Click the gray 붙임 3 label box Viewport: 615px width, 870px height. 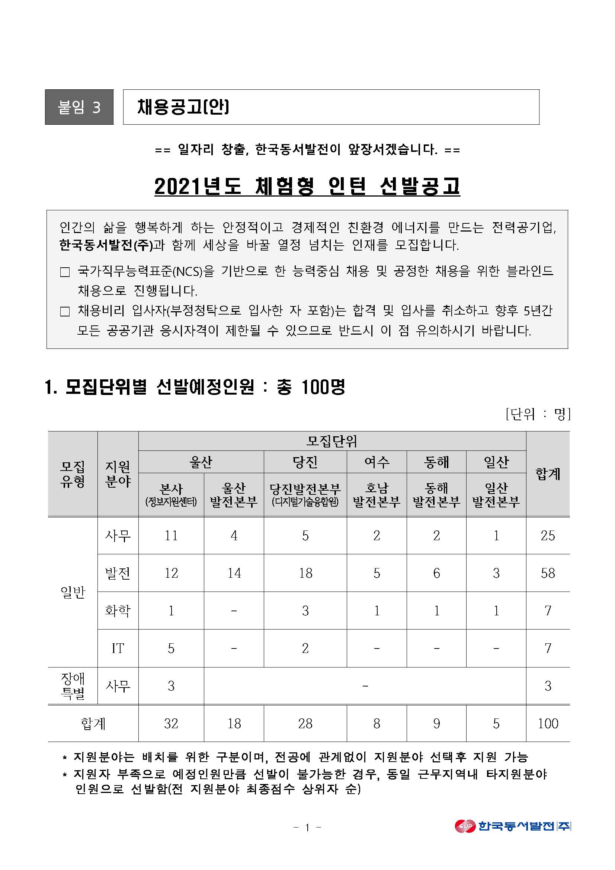[79, 107]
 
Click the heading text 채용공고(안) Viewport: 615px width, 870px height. [183, 107]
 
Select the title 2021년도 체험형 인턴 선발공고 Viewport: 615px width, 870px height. [307, 187]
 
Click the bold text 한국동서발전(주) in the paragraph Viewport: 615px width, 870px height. [106, 245]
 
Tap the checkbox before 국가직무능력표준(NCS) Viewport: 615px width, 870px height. [65, 272]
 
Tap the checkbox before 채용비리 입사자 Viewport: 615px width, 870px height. [65, 312]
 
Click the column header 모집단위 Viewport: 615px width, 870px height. [332, 441]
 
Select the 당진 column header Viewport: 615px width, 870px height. [305, 462]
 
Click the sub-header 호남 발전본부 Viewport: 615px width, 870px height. [377, 495]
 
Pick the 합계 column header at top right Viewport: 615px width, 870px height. [548, 474]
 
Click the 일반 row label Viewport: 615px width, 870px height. [73, 592]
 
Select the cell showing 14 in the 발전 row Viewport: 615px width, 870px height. [234, 573]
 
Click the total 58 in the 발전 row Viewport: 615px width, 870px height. [548, 573]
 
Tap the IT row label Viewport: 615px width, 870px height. [118, 648]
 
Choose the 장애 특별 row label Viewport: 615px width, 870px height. [73, 686]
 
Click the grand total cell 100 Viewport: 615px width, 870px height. [548, 723]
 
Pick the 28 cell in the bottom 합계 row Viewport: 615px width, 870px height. [305, 723]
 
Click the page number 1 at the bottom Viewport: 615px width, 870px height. [307, 828]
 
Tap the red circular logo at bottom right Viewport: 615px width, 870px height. [465, 826]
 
